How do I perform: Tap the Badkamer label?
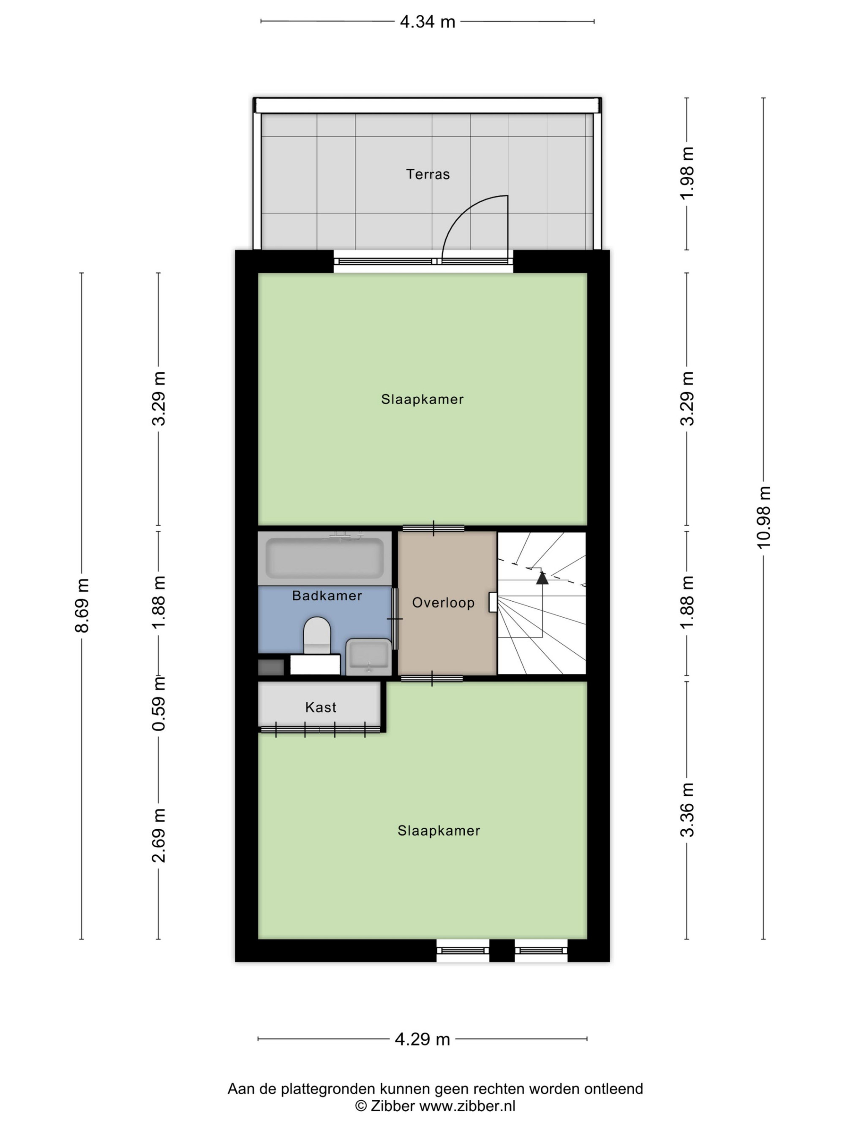click(327, 596)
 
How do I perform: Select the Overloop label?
click(443, 603)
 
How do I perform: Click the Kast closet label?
click(320, 707)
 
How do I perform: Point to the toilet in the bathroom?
click(317, 635)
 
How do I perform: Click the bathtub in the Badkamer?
click(324, 559)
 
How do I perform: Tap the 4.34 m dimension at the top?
click(427, 22)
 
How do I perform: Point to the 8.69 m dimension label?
click(82, 605)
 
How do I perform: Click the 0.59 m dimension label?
click(159, 703)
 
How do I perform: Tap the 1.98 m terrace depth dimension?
click(687, 174)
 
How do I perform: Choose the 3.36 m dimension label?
click(687, 810)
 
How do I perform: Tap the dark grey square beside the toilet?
click(271, 667)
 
